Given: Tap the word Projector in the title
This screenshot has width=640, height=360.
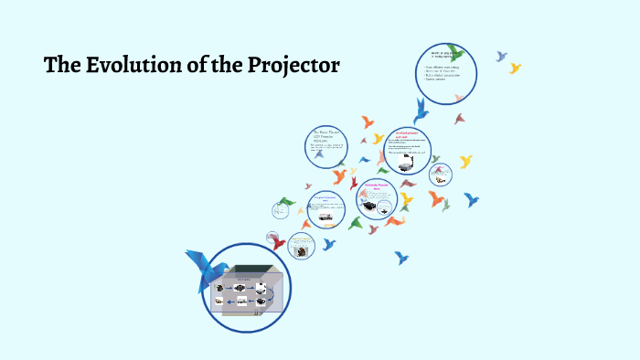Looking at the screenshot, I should tap(289, 66).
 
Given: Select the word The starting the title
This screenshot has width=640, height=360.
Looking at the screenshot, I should tap(62, 66).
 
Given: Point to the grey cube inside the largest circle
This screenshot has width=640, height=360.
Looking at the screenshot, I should tap(245, 292).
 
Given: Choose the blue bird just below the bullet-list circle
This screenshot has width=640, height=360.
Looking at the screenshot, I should tap(421, 111).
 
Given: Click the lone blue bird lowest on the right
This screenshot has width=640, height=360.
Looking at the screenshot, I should tap(400, 258).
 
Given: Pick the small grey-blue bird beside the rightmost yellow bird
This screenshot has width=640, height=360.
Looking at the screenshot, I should tap(501, 57).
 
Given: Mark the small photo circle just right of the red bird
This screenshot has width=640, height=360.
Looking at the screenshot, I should tap(301, 246).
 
